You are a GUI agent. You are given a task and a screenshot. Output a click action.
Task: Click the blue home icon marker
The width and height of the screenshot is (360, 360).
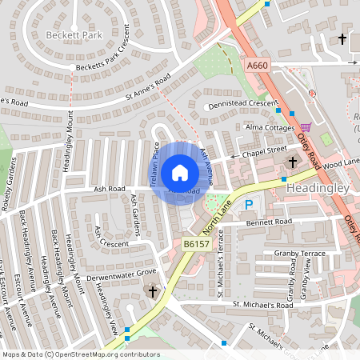(180, 173)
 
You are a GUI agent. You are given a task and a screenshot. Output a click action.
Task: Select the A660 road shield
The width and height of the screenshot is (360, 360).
(257, 66)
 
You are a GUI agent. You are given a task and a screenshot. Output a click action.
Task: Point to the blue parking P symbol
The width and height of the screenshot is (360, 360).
(249, 205)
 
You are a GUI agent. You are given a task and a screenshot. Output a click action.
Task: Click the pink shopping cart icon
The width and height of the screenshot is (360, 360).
(306, 127)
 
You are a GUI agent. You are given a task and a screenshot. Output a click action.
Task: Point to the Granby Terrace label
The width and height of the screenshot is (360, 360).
(300, 253)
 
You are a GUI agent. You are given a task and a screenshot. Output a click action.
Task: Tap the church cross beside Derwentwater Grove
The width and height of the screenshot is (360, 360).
(153, 293)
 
